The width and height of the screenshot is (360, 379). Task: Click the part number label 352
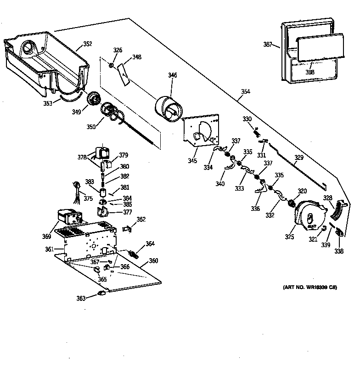coord(87,44)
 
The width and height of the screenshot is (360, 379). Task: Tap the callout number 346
coord(172,75)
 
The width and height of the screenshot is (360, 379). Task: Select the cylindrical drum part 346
coord(169,111)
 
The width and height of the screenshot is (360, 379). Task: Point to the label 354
coord(245,91)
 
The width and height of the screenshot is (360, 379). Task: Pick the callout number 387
coord(268,45)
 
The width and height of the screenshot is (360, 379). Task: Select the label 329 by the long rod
coord(299,158)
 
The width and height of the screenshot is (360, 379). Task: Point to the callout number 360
coord(153,261)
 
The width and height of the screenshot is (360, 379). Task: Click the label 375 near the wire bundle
coord(88,198)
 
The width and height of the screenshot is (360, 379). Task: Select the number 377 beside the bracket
coord(127,212)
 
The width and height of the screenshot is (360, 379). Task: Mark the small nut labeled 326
coord(112,66)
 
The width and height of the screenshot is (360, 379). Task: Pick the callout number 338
coord(339,252)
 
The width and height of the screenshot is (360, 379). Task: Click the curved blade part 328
coord(338,209)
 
